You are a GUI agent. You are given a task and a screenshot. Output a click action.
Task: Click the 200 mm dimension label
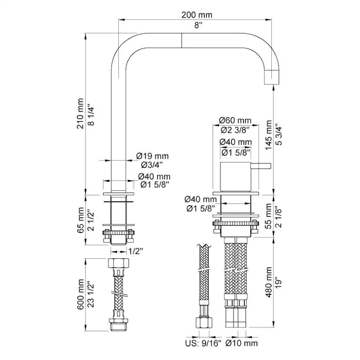click(197, 15)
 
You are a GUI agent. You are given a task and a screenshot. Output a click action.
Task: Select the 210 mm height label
click(80, 113)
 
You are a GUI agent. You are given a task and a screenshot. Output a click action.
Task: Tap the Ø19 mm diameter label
click(152, 156)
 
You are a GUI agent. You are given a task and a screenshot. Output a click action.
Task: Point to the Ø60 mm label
click(235, 120)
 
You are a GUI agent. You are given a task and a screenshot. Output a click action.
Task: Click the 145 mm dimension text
click(268, 135)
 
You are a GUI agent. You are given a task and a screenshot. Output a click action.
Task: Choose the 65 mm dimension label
click(80, 220)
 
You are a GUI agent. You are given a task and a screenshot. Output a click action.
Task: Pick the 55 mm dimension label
click(268, 216)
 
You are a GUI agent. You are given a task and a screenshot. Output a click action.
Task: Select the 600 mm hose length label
click(80, 294)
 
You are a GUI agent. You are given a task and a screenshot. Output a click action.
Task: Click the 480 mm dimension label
click(268, 282)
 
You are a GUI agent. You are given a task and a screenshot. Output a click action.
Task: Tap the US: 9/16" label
click(203, 343)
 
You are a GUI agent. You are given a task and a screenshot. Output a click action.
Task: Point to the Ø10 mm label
click(242, 343)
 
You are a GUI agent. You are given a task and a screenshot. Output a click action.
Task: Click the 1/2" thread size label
click(136, 251)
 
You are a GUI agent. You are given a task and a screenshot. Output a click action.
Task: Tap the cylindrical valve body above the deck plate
click(236, 177)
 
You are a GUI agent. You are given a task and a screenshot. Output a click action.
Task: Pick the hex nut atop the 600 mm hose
click(118, 263)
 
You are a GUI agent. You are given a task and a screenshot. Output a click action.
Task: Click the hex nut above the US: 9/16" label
click(204, 323)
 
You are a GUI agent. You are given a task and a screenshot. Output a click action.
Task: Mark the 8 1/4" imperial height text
click(91, 116)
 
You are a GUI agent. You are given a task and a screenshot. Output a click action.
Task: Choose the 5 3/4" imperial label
click(279, 135)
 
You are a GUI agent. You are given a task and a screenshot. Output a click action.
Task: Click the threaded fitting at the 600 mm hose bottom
click(118, 325)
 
